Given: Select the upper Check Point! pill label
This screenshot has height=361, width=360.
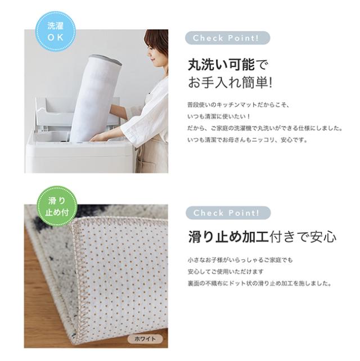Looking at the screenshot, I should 227,38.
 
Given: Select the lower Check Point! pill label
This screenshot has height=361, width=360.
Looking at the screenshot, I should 227,213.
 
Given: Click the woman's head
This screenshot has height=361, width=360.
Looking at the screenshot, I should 156,48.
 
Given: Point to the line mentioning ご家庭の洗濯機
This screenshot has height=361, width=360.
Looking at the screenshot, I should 264,128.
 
